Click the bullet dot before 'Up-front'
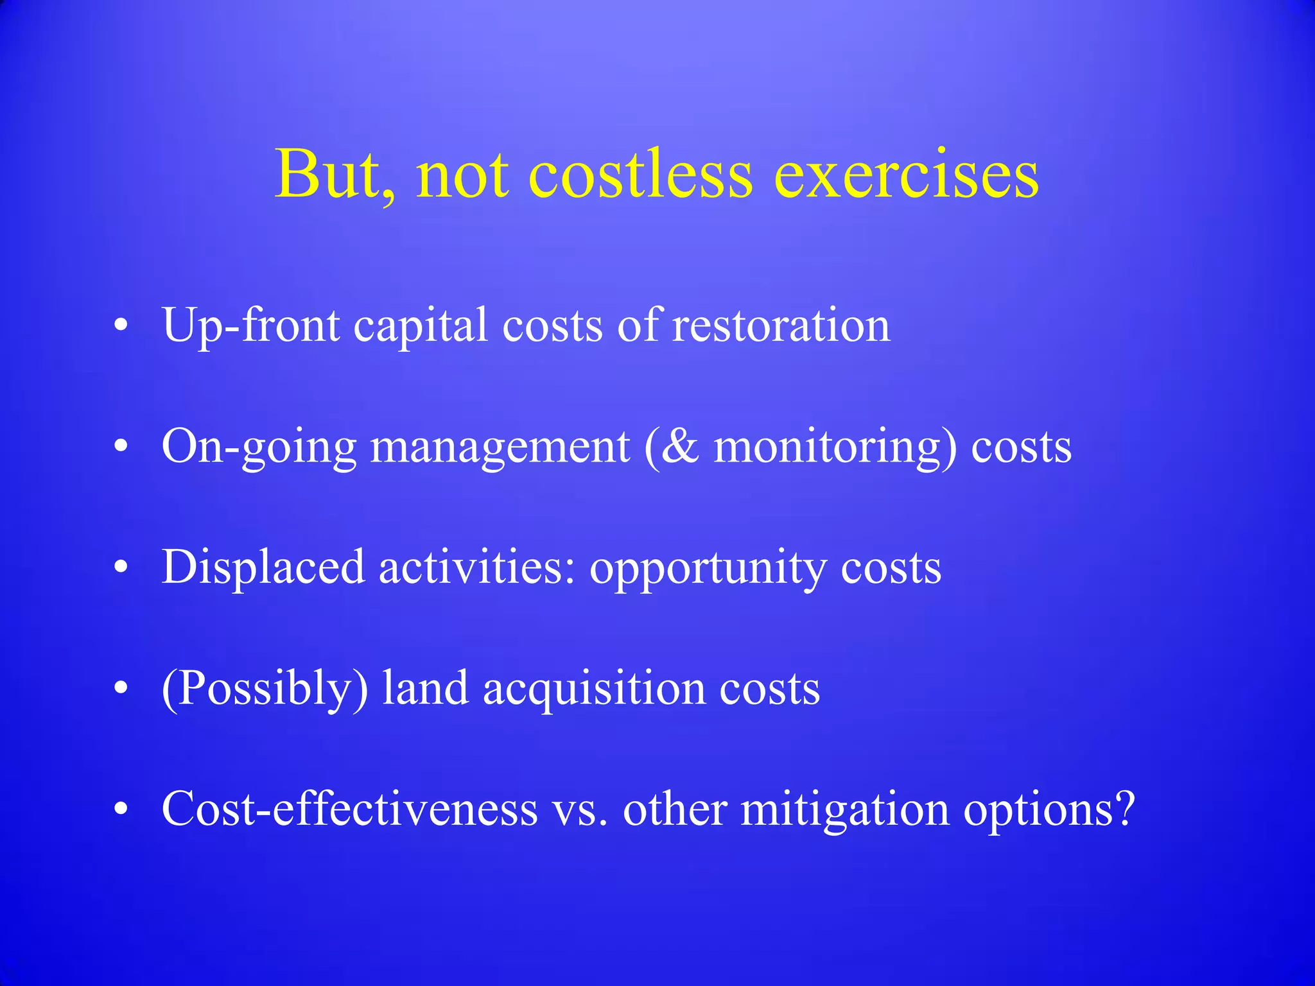coord(121,326)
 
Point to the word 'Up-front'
coord(250,326)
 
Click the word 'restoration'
coord(781,325)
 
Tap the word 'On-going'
coord(259,447)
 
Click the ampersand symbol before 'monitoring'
coord(680,446)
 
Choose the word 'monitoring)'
coord(835,447)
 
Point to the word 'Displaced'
coord(263,568)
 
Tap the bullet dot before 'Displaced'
coord(121,568)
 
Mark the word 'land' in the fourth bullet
coord(425,688)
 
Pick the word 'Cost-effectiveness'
coord(350,809)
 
